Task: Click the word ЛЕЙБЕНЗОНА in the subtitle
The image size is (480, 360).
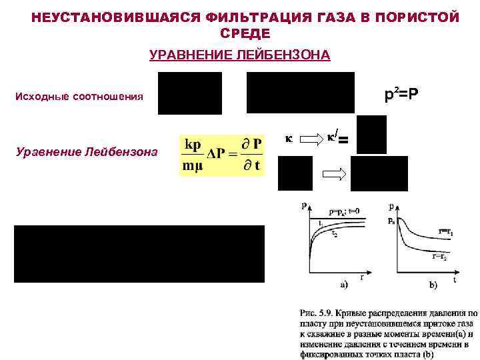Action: point(287,55)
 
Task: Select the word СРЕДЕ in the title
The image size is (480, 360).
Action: point(245,33)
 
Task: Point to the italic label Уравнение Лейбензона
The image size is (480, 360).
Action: point(86,152)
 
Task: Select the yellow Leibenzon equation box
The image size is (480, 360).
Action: point(222,155)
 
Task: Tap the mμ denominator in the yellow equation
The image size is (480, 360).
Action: point(195,167)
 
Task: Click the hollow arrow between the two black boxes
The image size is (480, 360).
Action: point(331,174)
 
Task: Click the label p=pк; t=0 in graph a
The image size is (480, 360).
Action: point(345,212)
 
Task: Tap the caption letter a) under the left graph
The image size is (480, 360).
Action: point(344,285)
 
